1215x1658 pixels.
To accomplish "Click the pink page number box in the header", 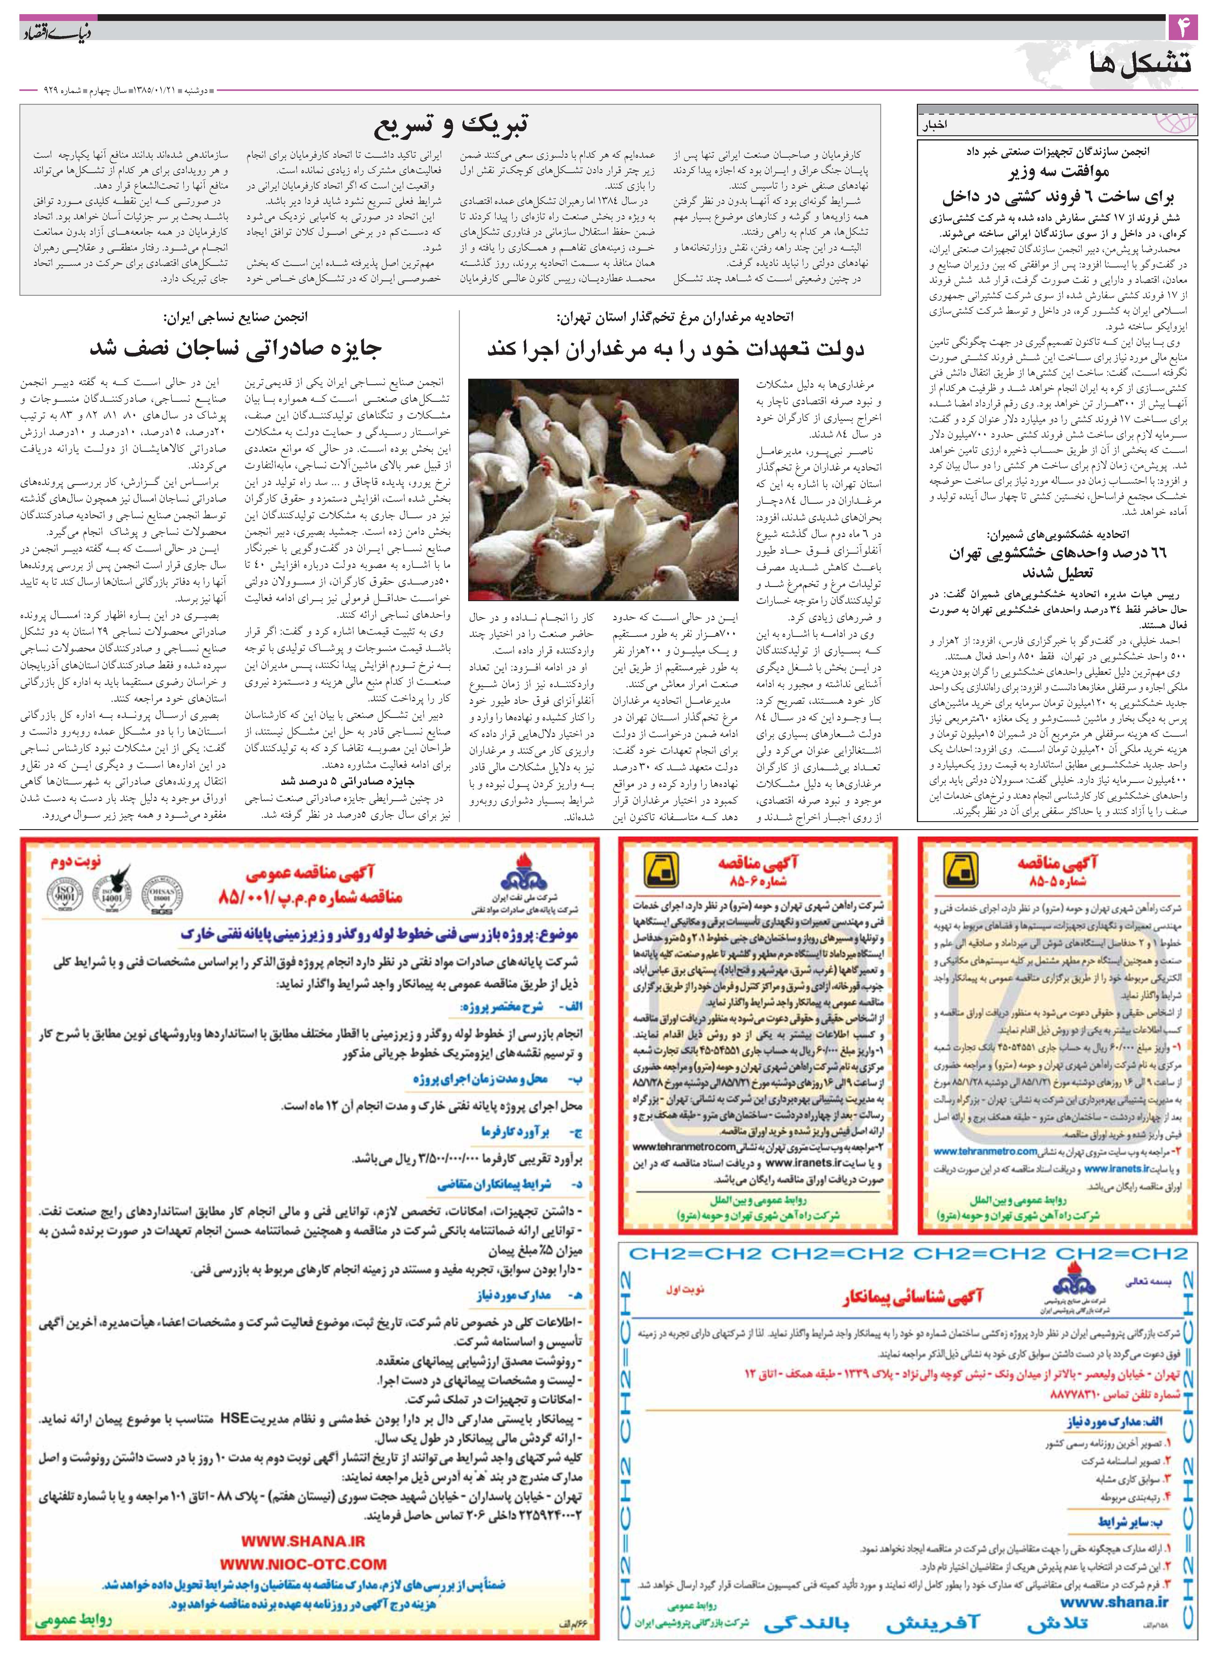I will pos(1183,29).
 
